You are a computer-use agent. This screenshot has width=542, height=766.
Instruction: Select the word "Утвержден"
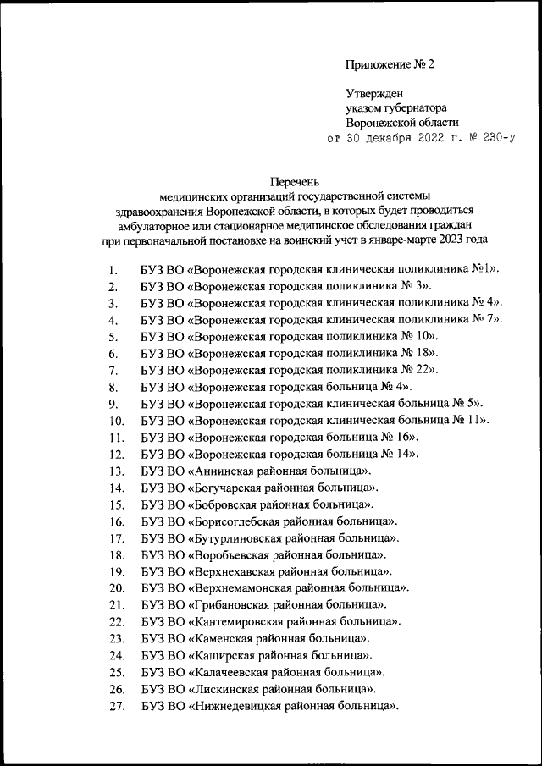coord(373,93)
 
